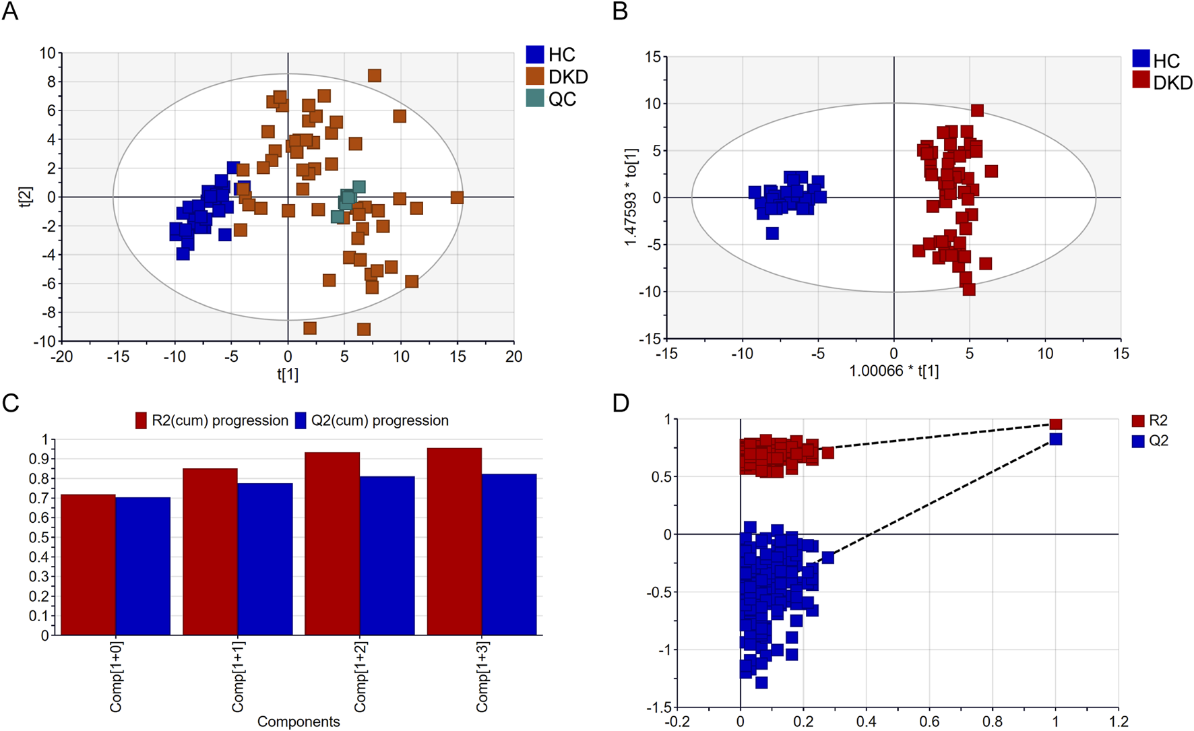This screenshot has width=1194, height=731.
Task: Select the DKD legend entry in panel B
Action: [1162, 82]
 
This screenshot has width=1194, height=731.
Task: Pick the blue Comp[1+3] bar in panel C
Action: [509, 554]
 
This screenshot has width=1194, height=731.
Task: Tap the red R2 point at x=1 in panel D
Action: [1056, 424]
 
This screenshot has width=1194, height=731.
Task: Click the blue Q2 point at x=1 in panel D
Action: [1056, 439]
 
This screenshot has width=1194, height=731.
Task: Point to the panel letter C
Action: [10, 403]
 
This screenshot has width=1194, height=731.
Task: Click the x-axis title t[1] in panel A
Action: [288, 374]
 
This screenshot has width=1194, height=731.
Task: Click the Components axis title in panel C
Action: [298, 722]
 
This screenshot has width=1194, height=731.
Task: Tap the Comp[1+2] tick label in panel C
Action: [360, 676]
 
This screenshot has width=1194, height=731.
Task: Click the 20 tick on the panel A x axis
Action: [513, 356]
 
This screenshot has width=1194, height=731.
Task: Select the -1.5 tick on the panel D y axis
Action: [659, 707]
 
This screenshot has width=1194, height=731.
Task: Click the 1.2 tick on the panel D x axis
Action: [1118, 722]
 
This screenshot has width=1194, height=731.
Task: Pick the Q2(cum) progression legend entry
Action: [372, 420]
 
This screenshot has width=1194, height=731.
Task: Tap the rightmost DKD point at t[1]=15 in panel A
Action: [457, 197]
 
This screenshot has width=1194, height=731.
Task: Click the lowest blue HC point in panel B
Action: [772, 233]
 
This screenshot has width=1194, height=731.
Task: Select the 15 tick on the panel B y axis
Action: [652, 57]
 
